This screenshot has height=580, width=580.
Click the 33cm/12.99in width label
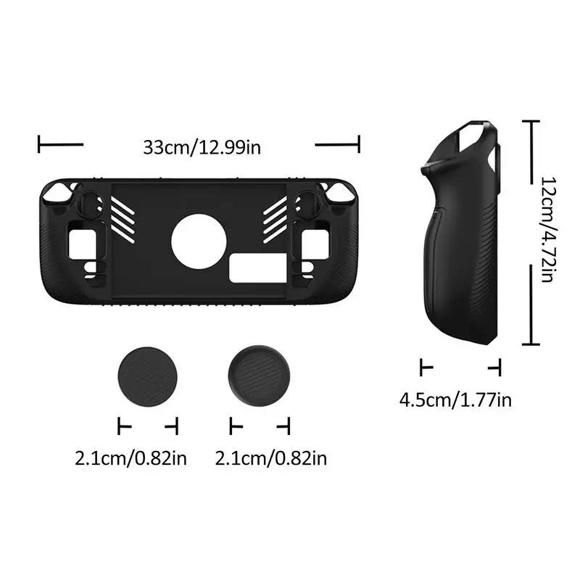click(202, 147)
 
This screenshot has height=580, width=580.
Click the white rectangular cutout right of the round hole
click(251, 270)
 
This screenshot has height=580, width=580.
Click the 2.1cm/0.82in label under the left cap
click(130, 458)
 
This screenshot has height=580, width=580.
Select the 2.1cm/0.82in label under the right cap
click(271, 458)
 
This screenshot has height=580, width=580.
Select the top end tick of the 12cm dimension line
click(534, 123)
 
